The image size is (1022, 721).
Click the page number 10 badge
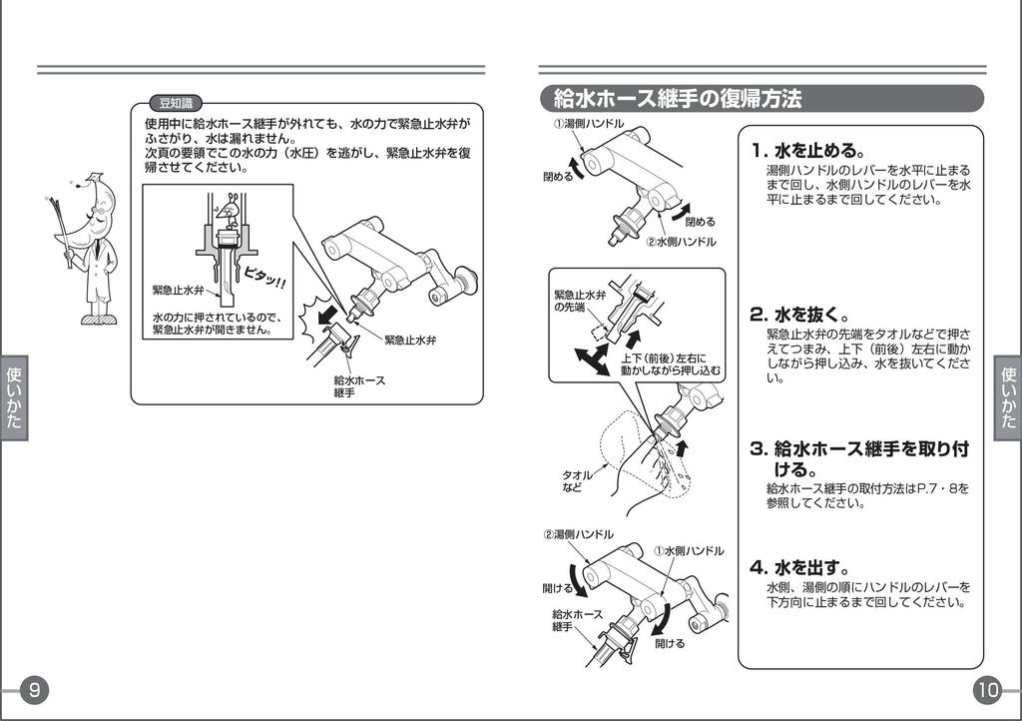tap(987, 689)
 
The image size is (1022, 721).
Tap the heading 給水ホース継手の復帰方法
tap(679, 99)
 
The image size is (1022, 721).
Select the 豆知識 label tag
tap(175, 103)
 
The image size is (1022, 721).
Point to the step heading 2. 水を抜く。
tap(800, 314)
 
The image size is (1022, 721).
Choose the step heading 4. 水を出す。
tap(800, 567)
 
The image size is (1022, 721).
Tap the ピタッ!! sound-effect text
tap(264, 278)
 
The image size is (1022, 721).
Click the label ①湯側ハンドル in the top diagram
tap(590, 124)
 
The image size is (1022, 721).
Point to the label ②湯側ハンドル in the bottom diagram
tap(578, 534)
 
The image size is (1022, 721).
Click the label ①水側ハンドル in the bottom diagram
tap(689, 550)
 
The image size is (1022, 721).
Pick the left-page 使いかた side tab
tap(14, 396)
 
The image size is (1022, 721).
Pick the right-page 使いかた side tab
tap(1007, 396)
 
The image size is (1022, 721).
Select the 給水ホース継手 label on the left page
tap(359, 386)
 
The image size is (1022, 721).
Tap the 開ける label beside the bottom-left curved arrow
tap(557, 588)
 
